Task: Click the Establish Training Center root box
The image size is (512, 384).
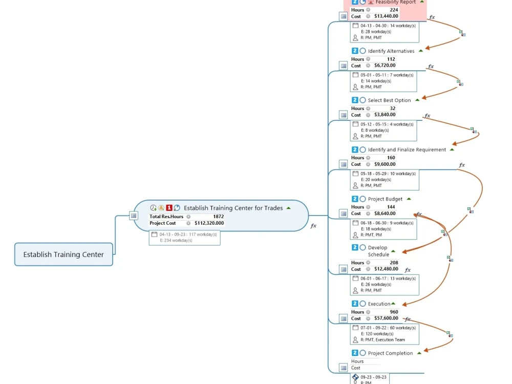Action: pos(63,254)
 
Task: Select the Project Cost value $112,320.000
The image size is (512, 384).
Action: pos(209,223)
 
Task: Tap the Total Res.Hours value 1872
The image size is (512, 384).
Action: pos(219,217)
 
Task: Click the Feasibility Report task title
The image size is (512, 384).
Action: pos(395,2)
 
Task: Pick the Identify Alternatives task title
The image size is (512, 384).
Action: pos(391,51)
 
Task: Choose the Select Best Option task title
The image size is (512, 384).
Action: pos(389,100)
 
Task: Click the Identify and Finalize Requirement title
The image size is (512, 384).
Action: pos(407,150)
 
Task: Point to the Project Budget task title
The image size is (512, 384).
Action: pos(385,199)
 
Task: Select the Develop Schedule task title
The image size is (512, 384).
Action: pos(378,251)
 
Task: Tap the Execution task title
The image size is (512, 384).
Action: pos(379,304)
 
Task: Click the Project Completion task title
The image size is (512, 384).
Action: pos(390,353)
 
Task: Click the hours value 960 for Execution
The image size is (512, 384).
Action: pos(394,312)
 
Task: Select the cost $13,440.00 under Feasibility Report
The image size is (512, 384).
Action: pos(386,16)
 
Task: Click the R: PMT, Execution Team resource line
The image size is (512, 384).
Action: pos(382,340)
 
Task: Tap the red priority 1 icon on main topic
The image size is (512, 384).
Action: pos(169,208)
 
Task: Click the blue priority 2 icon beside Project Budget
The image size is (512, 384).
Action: pos(355,199)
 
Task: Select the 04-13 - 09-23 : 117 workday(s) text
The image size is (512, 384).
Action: pos(188,234)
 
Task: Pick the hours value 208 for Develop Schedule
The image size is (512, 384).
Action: pos(394,263)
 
